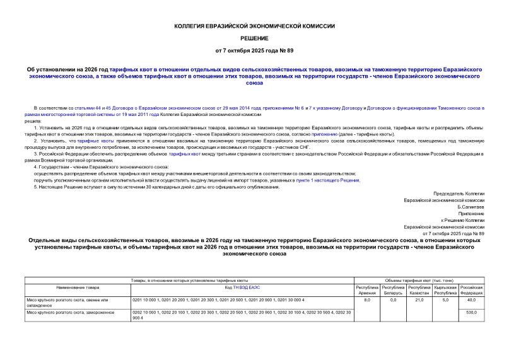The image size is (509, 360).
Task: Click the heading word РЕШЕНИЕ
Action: (254, 38)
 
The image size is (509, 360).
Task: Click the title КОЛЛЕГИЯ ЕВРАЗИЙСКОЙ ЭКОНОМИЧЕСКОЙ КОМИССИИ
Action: (254, 26)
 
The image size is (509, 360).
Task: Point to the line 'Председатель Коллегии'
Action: (459, 194)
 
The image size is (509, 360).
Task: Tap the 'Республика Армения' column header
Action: (366, 290)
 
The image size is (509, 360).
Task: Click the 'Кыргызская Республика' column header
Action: (445, 290)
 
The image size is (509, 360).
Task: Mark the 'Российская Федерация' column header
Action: (471, 290)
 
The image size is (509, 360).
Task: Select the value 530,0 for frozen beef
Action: (471, 312)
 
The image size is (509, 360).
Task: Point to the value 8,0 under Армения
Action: (367, 300)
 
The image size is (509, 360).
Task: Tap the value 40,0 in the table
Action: (471, 300)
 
